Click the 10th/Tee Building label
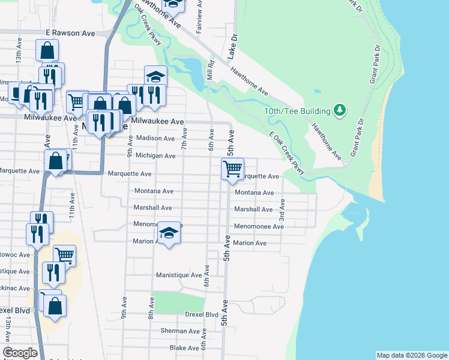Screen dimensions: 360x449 [298, 111]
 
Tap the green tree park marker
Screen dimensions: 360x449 [340, 110]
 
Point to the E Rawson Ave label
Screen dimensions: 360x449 [70, 34]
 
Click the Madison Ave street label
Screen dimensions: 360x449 [155, 138]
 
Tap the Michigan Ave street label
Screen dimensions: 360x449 [155, 155]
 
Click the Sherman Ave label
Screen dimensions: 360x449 [179, 331]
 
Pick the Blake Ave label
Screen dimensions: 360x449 [184, 347]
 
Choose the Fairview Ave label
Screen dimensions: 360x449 [199, 17]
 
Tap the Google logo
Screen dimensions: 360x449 [20, 353]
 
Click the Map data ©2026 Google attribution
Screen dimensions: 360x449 [411, 355]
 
